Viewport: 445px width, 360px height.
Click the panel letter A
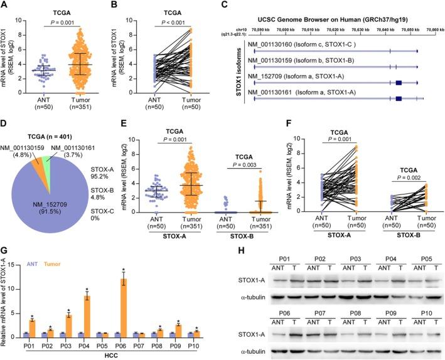pyautogui.click(x=5, y=6)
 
